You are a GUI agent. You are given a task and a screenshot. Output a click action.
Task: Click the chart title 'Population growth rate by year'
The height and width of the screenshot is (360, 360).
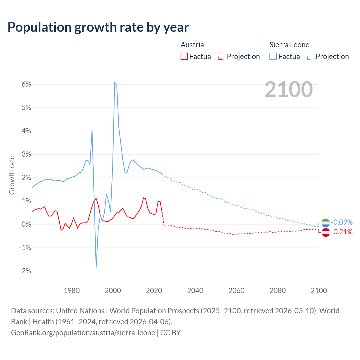[x=98, y=27]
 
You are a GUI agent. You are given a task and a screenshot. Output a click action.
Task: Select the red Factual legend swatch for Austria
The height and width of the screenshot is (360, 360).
[x=184, y=56]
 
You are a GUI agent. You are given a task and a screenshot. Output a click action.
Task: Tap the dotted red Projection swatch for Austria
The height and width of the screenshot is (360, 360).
[x=222, y=56]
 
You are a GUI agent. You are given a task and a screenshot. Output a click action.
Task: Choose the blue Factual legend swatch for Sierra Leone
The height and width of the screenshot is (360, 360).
[x=273, y=56]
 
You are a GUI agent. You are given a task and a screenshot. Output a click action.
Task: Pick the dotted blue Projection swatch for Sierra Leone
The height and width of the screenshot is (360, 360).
[x=311, y=56]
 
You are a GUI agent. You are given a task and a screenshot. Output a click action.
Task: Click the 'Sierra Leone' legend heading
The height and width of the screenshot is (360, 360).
[x=289, y=45]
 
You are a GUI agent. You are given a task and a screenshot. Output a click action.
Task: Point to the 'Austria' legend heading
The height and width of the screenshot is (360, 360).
[x=192, y=45]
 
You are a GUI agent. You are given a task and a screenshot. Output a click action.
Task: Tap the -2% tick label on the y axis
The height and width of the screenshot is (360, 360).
[x=25, y=271]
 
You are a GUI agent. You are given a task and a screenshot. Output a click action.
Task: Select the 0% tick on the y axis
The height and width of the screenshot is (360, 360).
[x=26, y=224]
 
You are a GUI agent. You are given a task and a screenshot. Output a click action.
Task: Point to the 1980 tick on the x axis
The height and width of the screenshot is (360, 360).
[x=72, y=291]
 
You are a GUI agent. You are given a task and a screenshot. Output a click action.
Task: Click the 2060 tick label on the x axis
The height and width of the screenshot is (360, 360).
[x=236, y=291]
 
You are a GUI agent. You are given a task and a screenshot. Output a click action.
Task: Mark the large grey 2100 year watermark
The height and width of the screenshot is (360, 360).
[x=289, y=89]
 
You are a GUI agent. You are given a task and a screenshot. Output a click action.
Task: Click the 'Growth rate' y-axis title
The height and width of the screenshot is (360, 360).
[x=12, y=175]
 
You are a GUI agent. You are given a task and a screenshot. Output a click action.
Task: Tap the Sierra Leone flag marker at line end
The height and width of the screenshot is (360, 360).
[x=325, y=223]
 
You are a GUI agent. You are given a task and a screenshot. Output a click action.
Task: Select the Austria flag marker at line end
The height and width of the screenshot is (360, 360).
[x=325, y=232]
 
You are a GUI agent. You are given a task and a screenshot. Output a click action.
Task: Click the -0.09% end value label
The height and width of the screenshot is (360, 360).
[x=342, y=222]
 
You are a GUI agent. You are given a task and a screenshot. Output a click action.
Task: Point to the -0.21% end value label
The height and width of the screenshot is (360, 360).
[x=342, y=232]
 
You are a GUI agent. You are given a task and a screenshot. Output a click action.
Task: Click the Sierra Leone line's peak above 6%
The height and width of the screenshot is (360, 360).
[x=115, y=82]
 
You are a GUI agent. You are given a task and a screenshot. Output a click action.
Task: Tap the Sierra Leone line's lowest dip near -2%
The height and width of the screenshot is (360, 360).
[x=96, y=267]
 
